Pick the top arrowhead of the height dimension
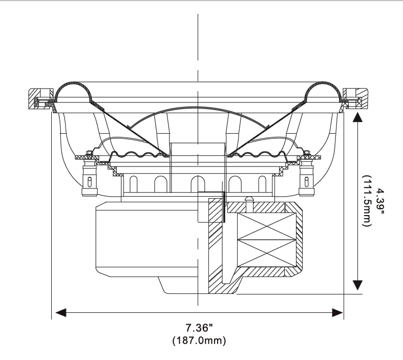coord(358,119)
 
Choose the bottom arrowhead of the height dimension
coord(358,286)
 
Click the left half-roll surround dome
coord(73,90)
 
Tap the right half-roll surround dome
coord(323,90)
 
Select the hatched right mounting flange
coord(357,97)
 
